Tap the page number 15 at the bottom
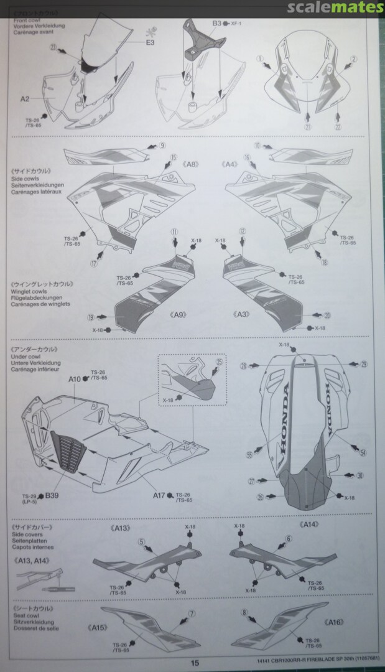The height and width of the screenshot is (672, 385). pos(195,663)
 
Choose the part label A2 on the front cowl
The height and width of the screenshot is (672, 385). pos(25,98)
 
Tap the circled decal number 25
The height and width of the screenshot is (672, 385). pos(219,362)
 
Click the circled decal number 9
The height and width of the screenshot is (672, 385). pos(162,146)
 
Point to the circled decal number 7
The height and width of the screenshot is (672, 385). pos(192,613)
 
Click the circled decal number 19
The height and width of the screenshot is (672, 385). pos(92,317)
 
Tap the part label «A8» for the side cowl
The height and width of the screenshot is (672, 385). pos(191,164)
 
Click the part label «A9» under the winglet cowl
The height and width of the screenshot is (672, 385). pos(179,315)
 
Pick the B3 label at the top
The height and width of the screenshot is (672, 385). pos(216,23)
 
